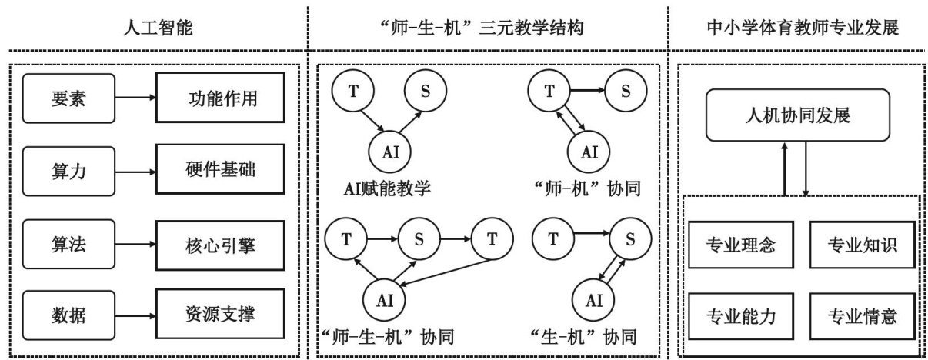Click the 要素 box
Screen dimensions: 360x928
point(68,99)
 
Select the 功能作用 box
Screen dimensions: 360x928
point(215,99)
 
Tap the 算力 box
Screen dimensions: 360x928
point(68,171)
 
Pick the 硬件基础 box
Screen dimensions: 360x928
point(215,171)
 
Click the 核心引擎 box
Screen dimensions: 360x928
point(215,246)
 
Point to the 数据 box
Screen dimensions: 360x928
point(68,315)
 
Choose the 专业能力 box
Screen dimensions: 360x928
point(739,315)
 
